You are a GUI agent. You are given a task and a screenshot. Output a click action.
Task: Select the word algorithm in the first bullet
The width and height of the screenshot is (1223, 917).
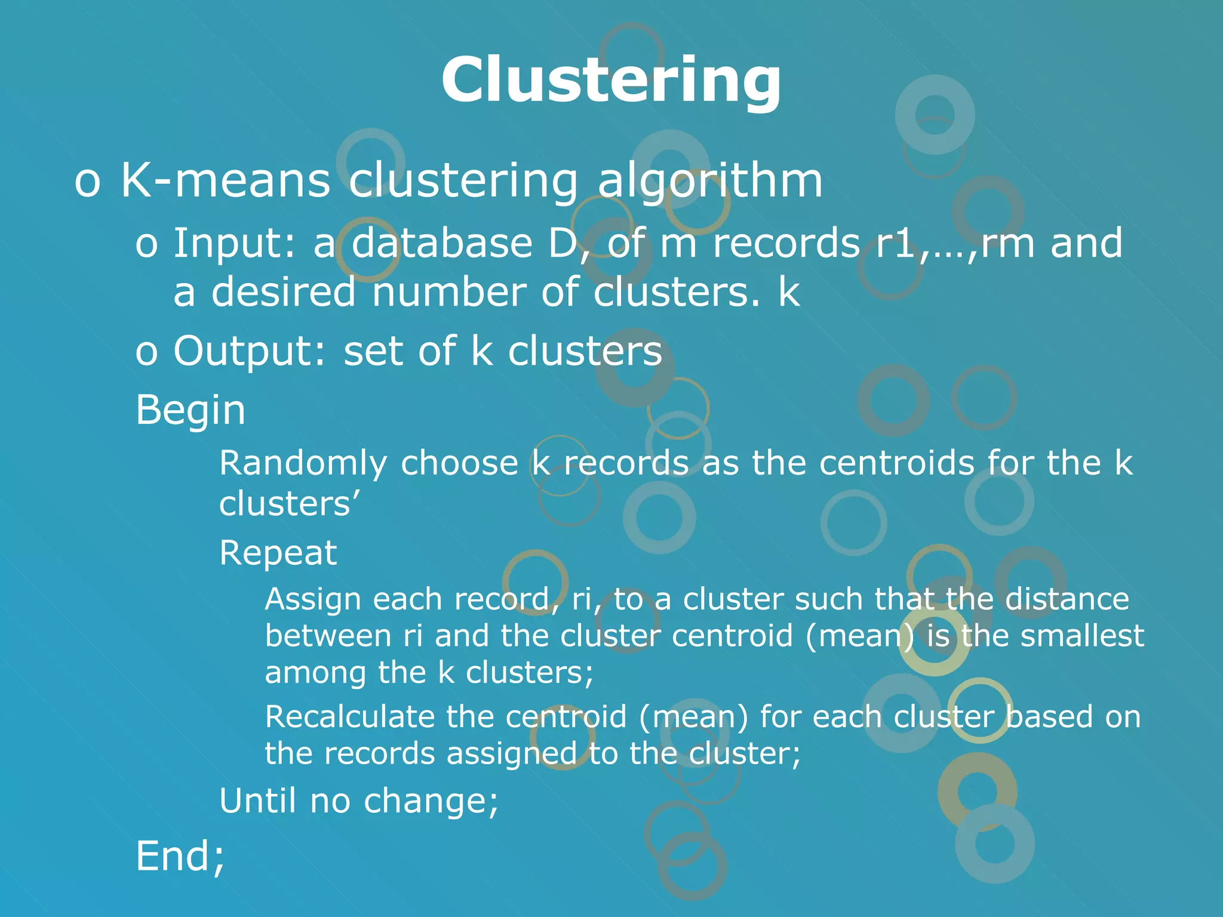tap(710, 181)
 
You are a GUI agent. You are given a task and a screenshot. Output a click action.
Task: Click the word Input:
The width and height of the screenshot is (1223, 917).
tap(234, 244)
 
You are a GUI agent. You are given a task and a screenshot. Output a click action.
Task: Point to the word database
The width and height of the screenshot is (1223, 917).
tap(442, 243)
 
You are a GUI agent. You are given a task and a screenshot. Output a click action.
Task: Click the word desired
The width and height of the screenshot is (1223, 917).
tap(284, 292)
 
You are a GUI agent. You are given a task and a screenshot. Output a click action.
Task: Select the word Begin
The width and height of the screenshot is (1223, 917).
tap(190, 411)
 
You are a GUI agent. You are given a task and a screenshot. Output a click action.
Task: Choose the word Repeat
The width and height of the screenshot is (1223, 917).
tap(278, 553)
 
